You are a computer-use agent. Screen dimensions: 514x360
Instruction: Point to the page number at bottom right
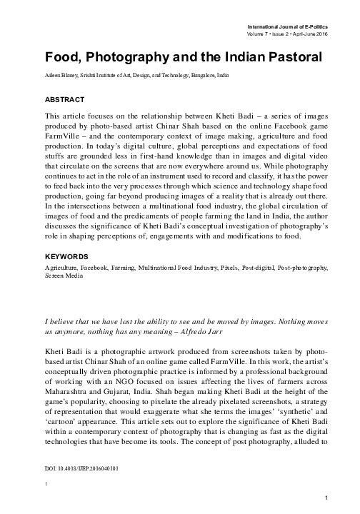pyautogui.click(x=326, y=497)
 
